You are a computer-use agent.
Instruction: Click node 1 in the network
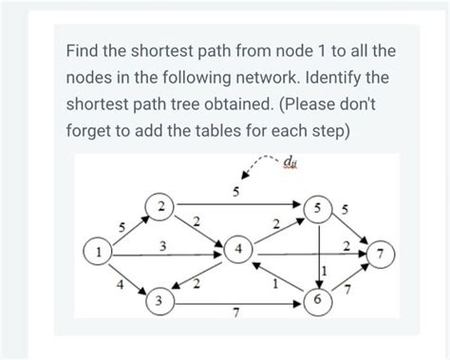click(98, 254)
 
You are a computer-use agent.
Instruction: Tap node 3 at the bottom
click(161, 302)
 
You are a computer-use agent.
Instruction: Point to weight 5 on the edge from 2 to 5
click(236, 193)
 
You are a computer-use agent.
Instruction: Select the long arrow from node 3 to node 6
click(237, 303)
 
